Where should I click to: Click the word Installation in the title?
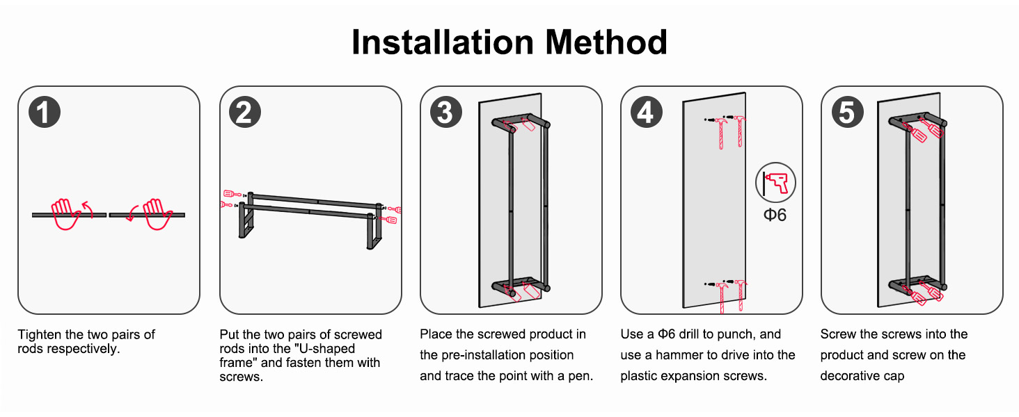click(443, 42)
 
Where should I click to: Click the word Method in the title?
click(606, 42)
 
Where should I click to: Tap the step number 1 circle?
click(45, 112)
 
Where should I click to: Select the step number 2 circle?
click(245, 112)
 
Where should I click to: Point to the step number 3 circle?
click(445, 112)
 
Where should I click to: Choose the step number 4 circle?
click(647, 112)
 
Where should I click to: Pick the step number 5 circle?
click(848, 112)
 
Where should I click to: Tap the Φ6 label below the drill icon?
click(775, 215)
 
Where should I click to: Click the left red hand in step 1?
click(66, 214)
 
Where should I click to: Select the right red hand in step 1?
click(157, 214)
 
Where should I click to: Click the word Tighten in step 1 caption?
click(40, 335)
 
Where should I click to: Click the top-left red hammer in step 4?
click(721, 133)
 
